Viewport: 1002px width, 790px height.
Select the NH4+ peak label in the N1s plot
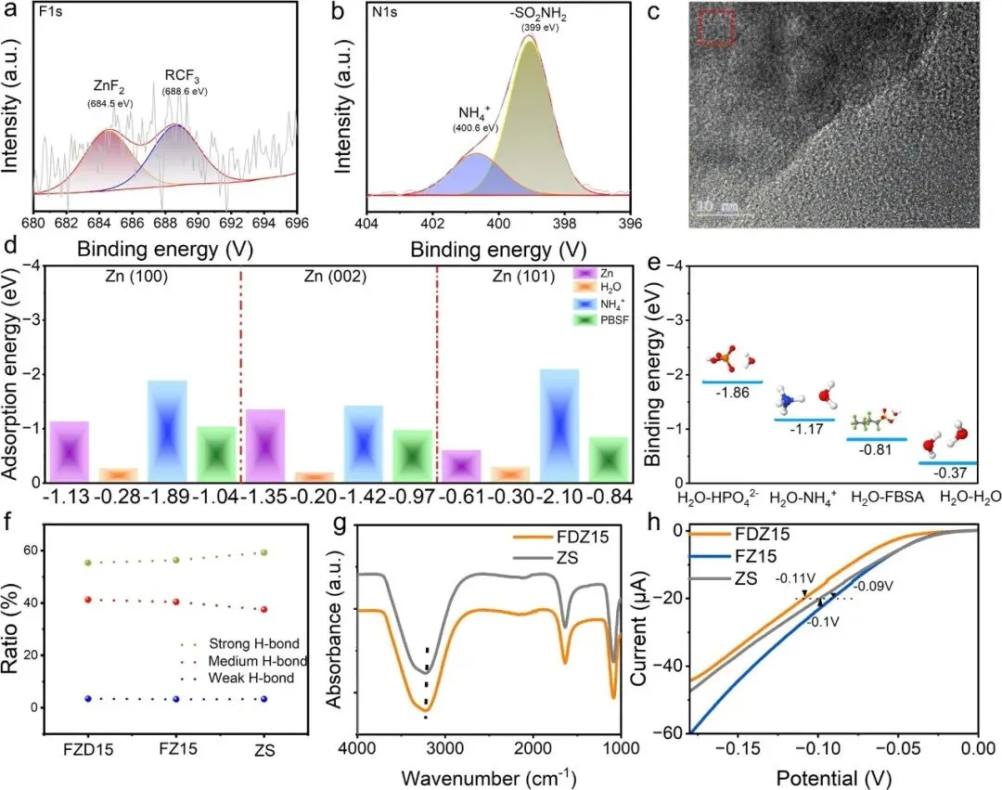pos(474,114)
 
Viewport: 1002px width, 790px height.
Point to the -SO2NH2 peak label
pos(539,16)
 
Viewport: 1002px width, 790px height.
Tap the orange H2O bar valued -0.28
pos(118,474)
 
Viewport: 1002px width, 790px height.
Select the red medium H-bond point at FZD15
pos(88,600)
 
